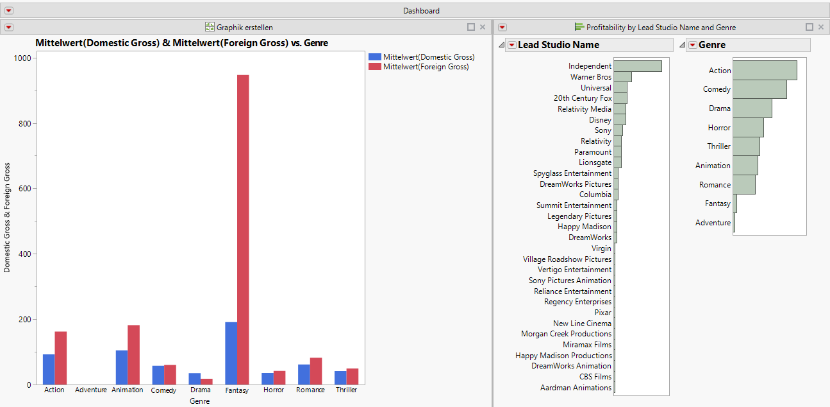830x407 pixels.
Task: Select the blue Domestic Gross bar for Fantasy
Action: [231, 353]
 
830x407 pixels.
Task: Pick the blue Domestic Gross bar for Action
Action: [49, 369]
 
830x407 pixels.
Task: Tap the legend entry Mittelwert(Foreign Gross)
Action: [426, 67]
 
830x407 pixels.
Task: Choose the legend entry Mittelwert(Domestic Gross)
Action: [428, 57]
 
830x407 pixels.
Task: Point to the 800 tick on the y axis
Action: [26, 123]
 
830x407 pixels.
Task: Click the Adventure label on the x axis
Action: [91, 390]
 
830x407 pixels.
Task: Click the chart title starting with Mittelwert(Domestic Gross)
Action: [181, 43]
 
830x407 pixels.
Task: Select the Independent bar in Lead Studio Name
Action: [637, 66]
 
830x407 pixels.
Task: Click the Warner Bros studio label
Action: [591, 77]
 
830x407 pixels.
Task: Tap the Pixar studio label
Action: [602, 313]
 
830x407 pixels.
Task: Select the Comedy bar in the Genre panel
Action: [759, 89]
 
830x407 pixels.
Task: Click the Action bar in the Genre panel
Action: [765, 71]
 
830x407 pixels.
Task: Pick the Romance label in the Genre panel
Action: [715, 185]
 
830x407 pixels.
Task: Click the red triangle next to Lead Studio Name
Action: [511, 45]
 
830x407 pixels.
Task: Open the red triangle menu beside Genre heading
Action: [692, 45]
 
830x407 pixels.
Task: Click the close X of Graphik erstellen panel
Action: [483, 27]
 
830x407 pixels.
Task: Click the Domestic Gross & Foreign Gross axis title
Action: [7, 218]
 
